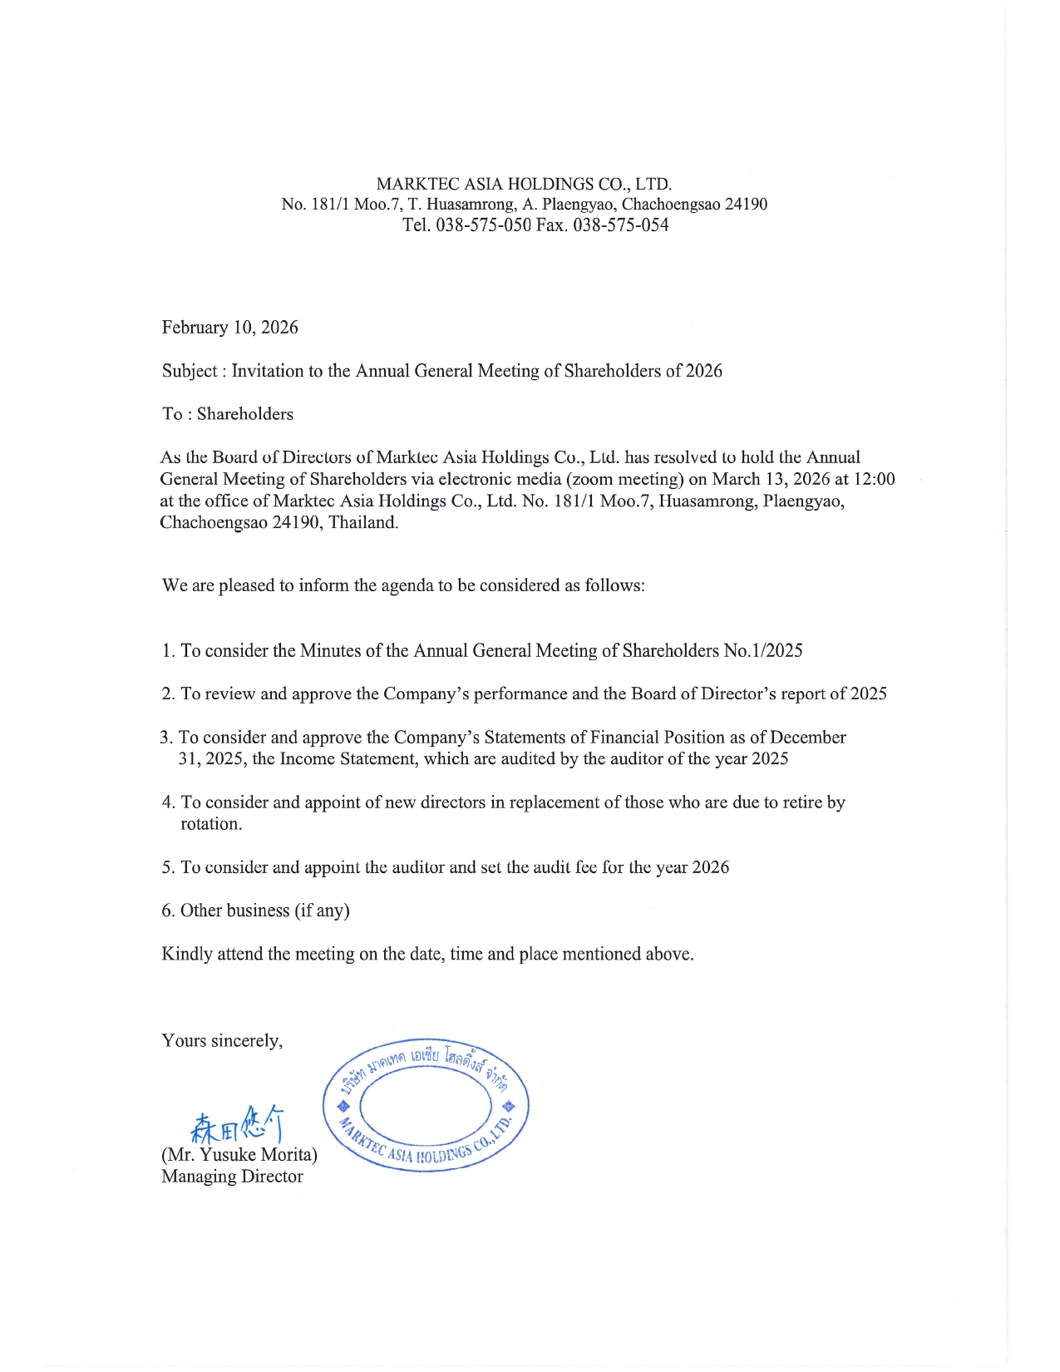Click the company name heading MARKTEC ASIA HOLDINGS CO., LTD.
[524, 184]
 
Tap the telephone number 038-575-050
[483, 225]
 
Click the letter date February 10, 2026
[229, 328]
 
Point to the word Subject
[190, 371]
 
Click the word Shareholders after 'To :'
[245, 414]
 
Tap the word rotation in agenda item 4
[211, 824]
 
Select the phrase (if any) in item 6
[322, 911]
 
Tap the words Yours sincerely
[222, 1041]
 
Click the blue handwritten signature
[238, 1125]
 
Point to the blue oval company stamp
[426, 1105]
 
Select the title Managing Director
[232, 1177]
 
